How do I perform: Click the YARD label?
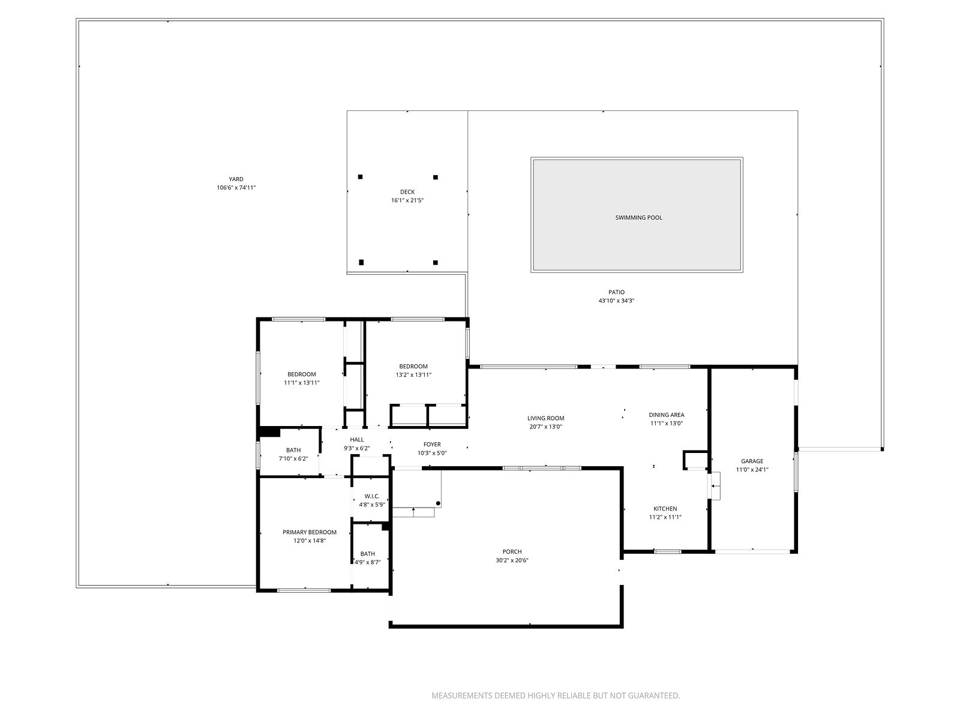tap(236, 179)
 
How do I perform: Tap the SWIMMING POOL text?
tap(638, 218)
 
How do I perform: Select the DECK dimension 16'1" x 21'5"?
tap(407, 200)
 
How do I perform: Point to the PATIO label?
tap(616, 292)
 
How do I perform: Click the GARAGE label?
tap(752, 461)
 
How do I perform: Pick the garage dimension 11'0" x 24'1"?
tap(752, 470)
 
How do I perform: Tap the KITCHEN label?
tap(665, 509)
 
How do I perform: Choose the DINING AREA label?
tap(667, 415)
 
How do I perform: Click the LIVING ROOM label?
tap(546, 418)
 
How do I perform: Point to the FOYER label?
tap(432, 445)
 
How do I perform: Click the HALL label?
tap(357, 440)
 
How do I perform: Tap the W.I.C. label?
tap(372, 496)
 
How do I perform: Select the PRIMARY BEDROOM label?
tap(310, 532)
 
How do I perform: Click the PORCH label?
tap(512, 552)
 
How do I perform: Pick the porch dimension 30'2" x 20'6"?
tap(512, 560)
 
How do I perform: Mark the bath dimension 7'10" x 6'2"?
tap(293, 458)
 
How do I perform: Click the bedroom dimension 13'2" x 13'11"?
tap(413, 374)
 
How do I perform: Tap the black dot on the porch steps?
tap(438, 503)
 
